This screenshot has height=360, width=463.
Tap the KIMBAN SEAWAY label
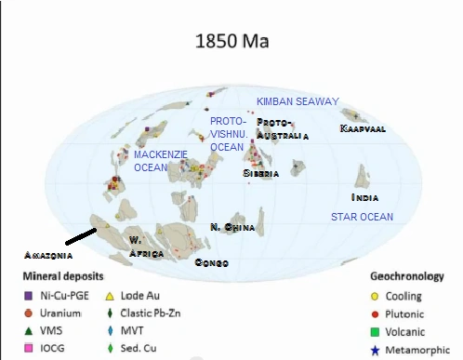coord(298,101)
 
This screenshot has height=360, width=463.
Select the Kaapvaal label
coord(364,127)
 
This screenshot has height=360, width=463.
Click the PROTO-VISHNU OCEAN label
coord(228,133)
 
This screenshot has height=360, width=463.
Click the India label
coord(364,198)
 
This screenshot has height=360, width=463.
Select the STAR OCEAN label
coord(363,217)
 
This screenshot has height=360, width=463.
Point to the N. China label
coord(232,227)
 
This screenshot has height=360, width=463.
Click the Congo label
coord(211,263)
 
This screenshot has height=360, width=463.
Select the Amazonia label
coord(47,254)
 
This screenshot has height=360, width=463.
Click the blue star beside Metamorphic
coord(375,347)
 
